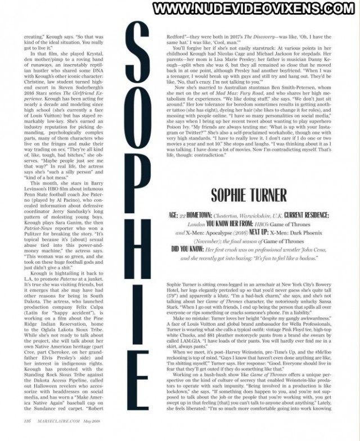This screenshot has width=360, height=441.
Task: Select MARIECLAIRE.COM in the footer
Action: point(57,435)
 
